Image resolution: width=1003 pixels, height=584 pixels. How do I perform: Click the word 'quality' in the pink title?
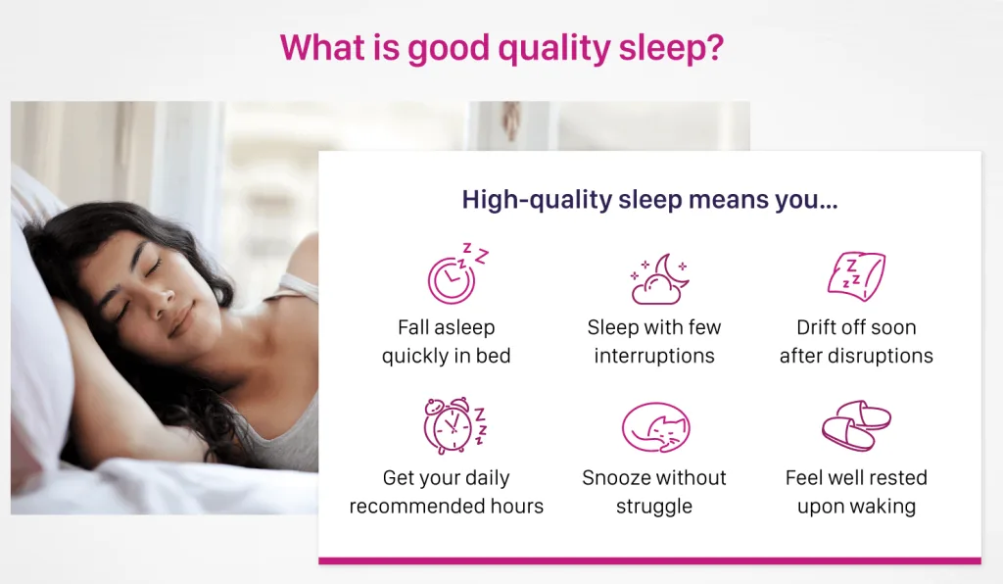pyautogui.click(x=554, y=49)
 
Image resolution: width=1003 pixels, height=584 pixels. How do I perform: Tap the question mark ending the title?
pyautogui.click(x=713, y=47)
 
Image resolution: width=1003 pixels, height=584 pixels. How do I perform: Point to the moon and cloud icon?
pyautogui.click(x=659, y=279)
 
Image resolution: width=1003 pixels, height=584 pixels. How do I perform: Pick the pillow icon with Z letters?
pyautogui.click(x=856, y=276)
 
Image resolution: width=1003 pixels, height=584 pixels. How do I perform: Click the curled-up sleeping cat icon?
pyautogui.click(x=655, y=426)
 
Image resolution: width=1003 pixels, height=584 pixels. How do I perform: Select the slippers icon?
pyautogui.click(x=856, y=425)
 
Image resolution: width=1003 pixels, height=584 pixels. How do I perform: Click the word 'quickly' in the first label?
pyautogui.click(x=413, y=357)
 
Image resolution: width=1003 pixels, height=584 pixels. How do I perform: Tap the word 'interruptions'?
pyautogui.click(x=654, y=356)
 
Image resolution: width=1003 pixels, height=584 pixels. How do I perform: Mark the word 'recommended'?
pyautogui.click(x=417, y=506)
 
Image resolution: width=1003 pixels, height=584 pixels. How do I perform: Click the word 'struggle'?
pyautogui.click(x=654, y=507)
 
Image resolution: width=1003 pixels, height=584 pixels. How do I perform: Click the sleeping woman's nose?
pyautogui.click(x=165, y=295)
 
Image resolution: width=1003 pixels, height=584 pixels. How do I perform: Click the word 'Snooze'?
pyautogui.click(x=615, y=478)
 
